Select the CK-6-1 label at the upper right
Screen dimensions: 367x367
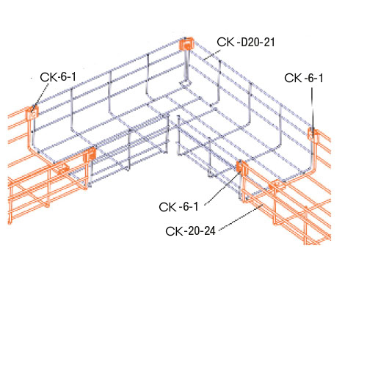(303, 78)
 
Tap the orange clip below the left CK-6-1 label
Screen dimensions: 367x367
(32, 113)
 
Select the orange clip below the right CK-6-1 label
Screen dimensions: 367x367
(311, 133)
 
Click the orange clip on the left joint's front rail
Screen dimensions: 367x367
(91, 154)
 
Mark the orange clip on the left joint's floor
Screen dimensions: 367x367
(62, 168)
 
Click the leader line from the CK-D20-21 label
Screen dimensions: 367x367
(206, 51)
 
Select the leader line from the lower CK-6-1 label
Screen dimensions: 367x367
(219, 186)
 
